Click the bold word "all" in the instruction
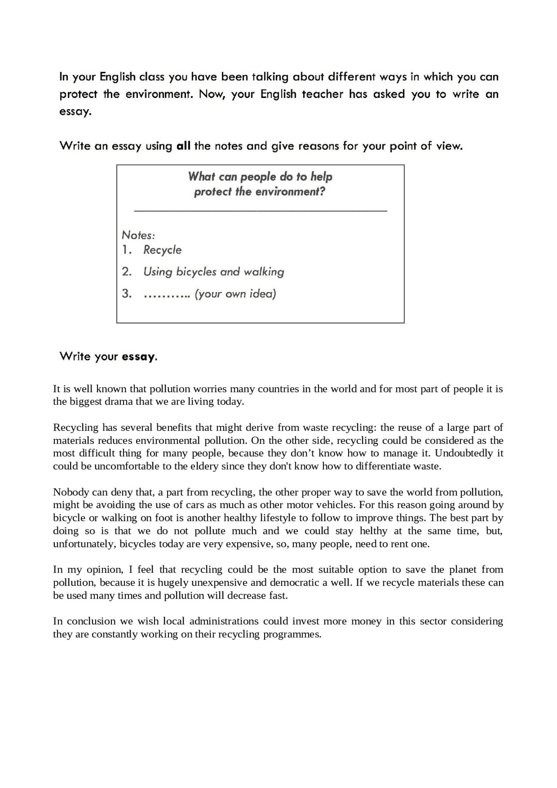[x=184, y=146]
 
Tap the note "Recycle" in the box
[x=162, y=250]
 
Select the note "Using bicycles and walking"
[x=214, y=272]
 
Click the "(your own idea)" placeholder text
[x=235, y=294]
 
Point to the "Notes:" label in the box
[x=138, y=235]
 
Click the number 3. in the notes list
[x=127, y=294]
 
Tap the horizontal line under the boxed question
[x=260, y=211]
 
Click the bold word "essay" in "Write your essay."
[x=138, y=357]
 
